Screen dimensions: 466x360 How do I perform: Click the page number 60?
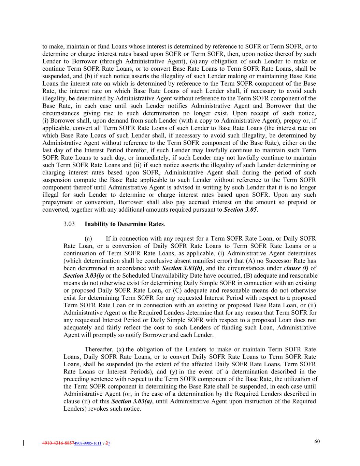pos(317,441)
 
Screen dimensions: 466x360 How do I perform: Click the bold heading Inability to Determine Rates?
pos(124,224)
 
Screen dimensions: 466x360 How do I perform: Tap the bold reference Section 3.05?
pos(240,210)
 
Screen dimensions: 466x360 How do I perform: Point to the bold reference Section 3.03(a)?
pos(132,401)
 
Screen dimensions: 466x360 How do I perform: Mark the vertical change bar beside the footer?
pos(23,443)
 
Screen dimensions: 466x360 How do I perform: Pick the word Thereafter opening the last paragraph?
pos(99,349)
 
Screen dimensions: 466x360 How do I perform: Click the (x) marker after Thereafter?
pos(120,349)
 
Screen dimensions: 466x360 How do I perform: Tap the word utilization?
pos(298,379)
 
